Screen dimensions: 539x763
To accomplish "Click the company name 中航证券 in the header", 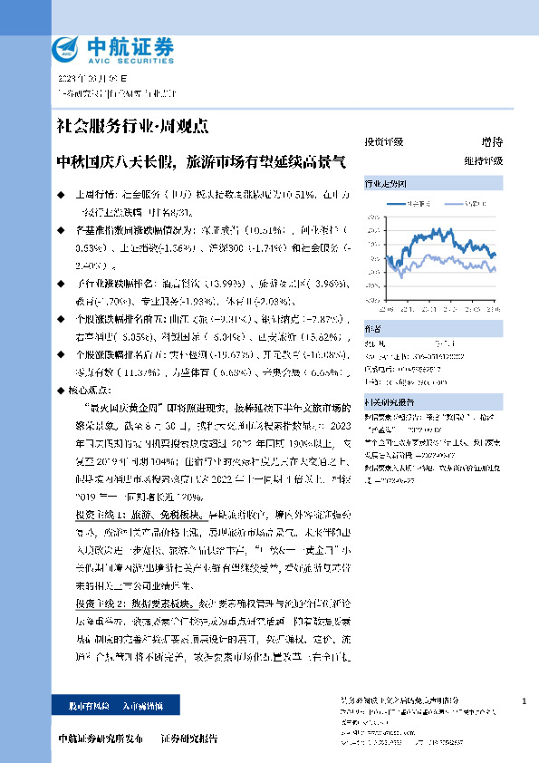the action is (130, 44).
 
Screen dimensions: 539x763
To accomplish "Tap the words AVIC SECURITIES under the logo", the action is (130, 61).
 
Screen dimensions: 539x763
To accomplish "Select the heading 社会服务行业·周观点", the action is (131, 125).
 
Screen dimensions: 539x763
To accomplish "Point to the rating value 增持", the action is (492, 142).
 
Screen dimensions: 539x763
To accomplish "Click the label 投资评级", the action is (383, 142).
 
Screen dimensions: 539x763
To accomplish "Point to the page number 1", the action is (524, 702).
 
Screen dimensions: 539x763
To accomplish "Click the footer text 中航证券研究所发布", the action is (101, 739).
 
